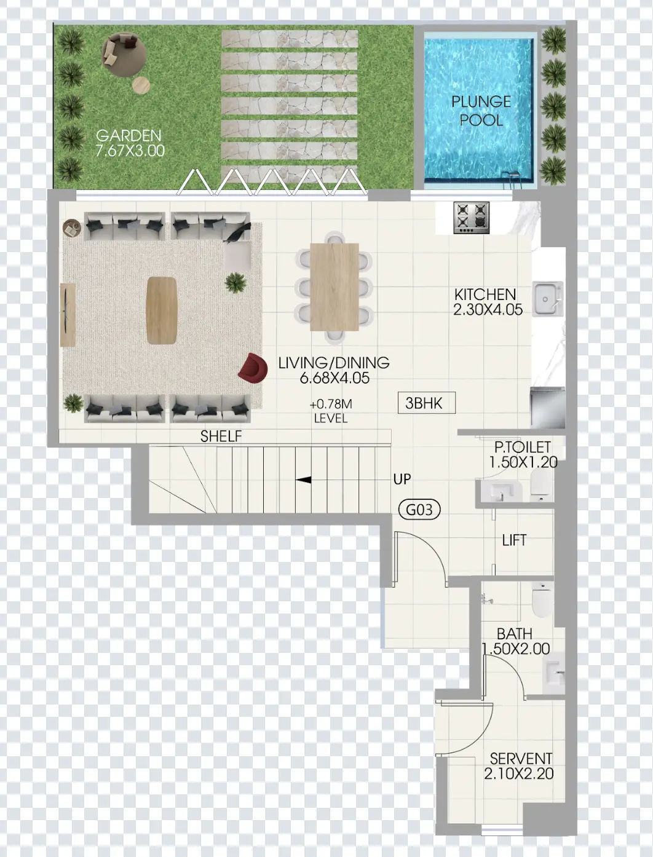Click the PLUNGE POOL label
coord(481,111)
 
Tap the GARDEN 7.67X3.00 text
coord(130,143)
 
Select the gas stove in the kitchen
coord(472,218)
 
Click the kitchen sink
coord(547,299)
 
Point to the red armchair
coord(253,367)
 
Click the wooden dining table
coord(334,287)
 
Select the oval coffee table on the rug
coord(162,310)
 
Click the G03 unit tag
coord(419,510)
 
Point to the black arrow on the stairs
coord(303,480)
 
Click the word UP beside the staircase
coord(402,479)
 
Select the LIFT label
coord(514,540)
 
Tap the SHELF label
coord(221,436)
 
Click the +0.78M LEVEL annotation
coord(331,411)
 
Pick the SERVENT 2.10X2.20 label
coord(520,766)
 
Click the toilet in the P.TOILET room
coord(542,484)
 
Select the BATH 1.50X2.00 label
coord(515,641)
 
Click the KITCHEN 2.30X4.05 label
coord(488,302)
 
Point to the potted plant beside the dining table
coord(235,283)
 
